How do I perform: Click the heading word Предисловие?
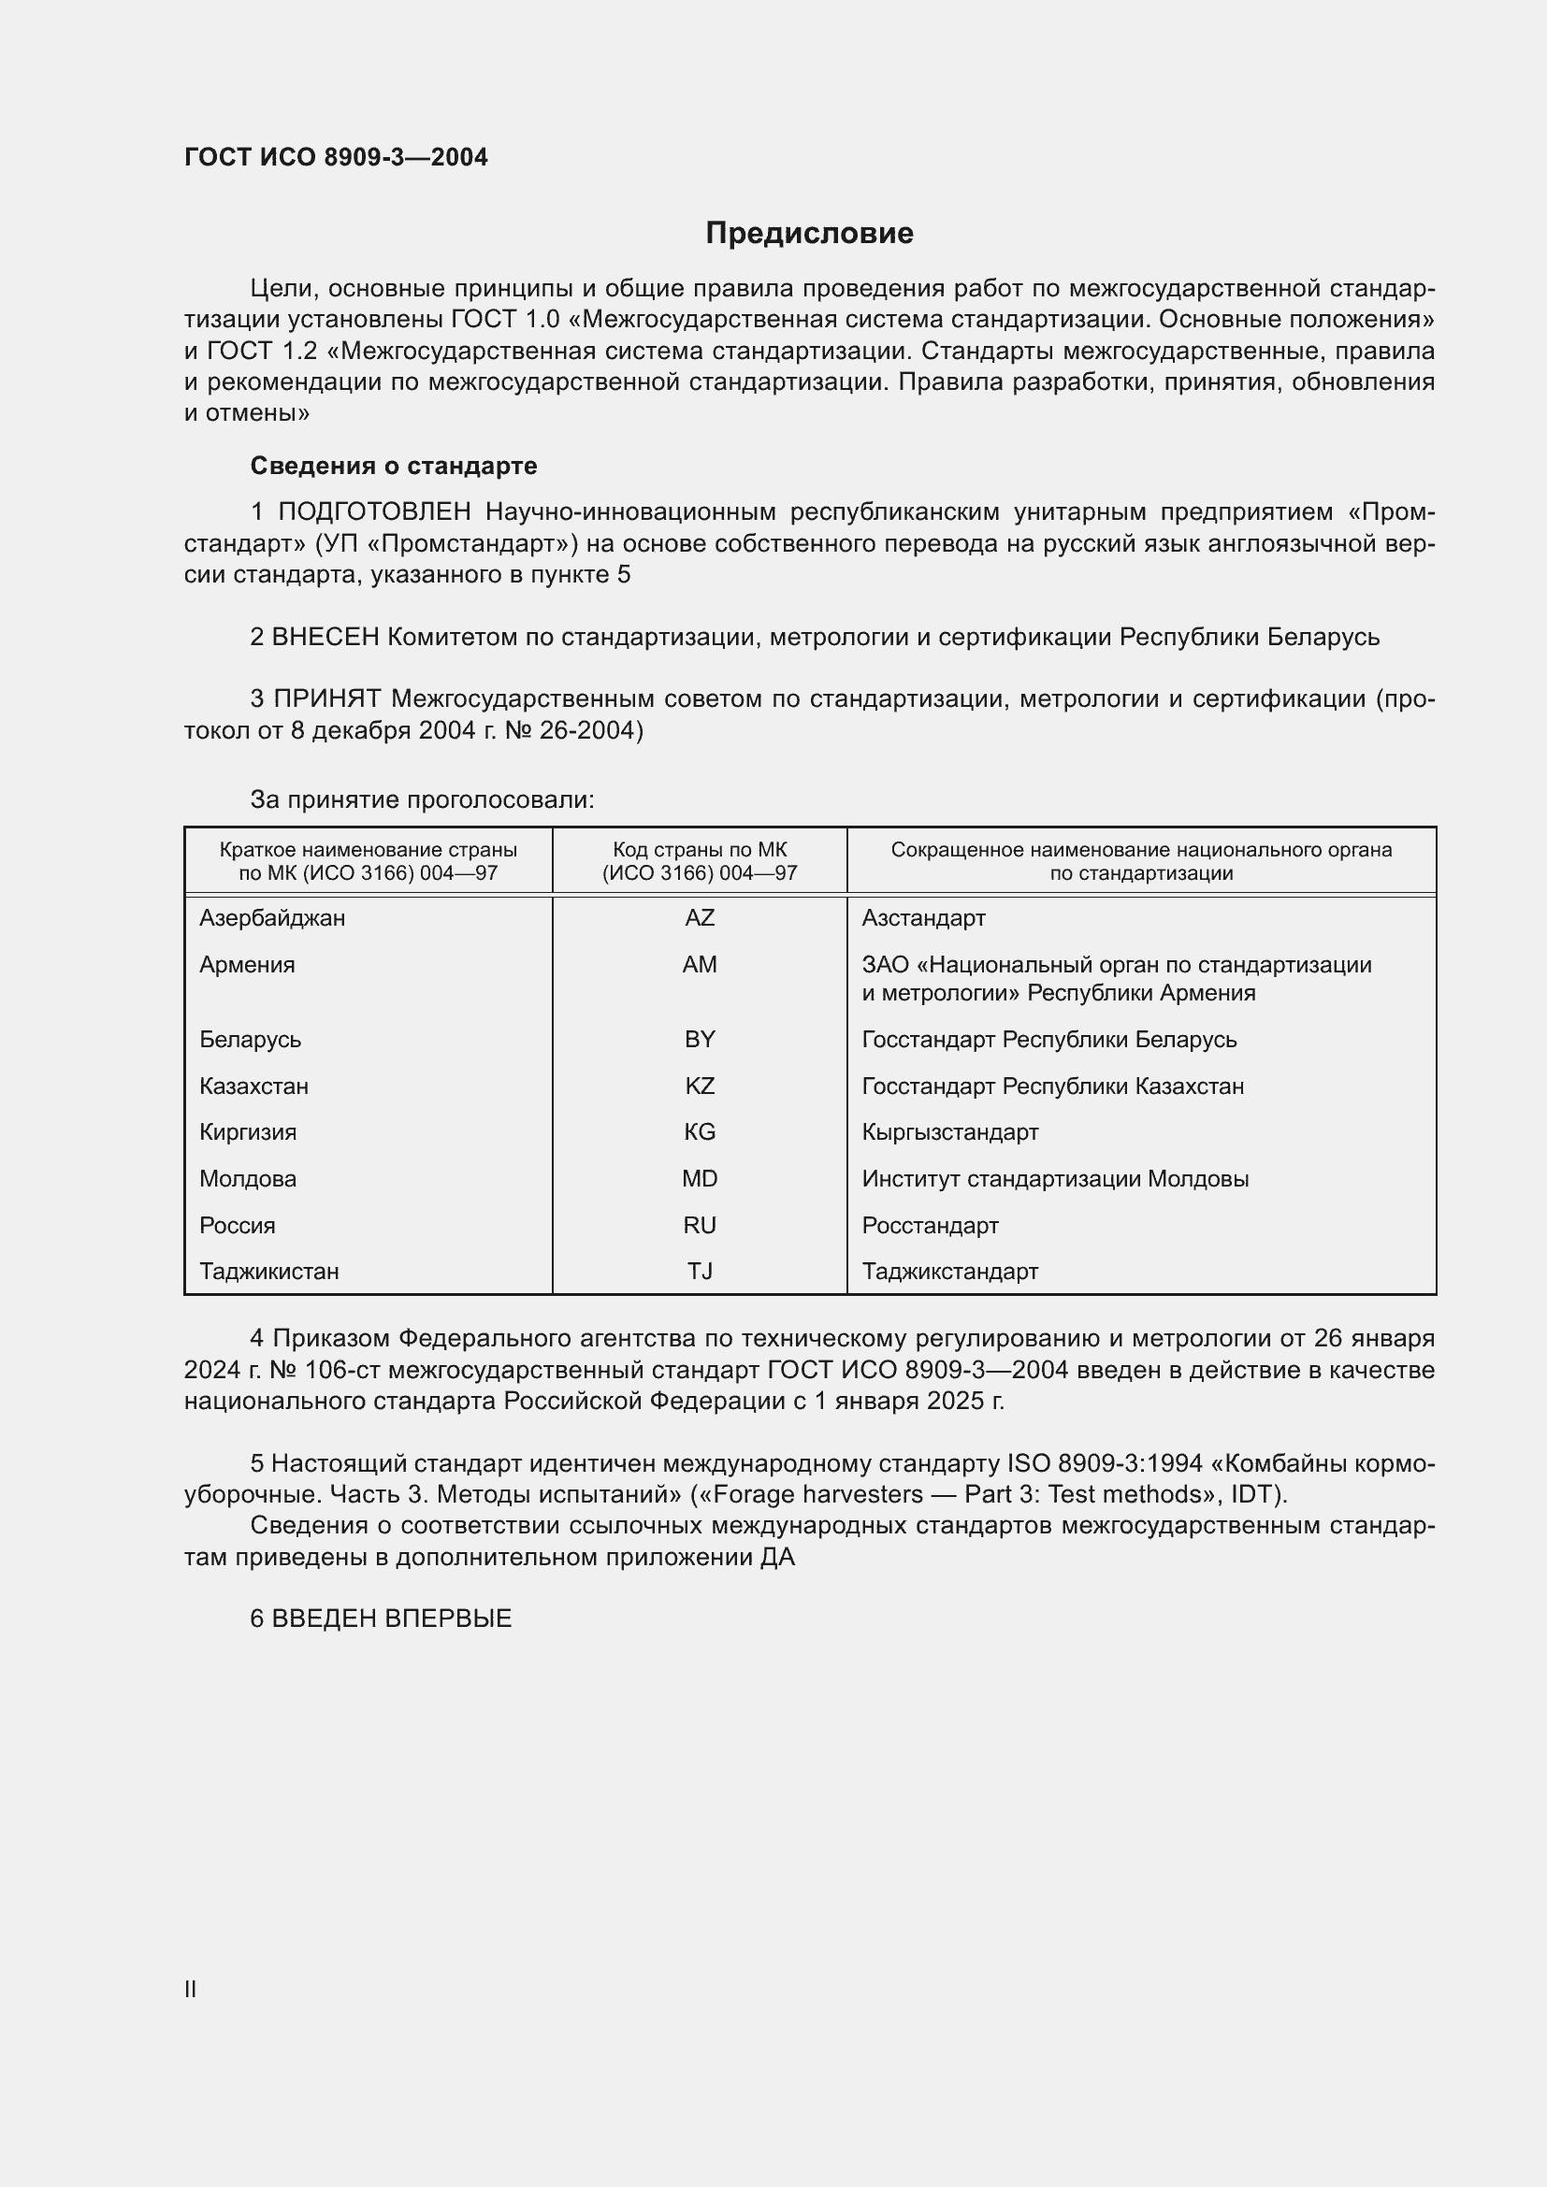coord(809,234)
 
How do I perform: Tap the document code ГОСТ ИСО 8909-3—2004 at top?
coord(336,157)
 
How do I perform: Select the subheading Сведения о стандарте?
coord(394,466)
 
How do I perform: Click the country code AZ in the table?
coord(700,918)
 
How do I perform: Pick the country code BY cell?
coord(700,1039)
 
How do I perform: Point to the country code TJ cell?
coord(700,1272)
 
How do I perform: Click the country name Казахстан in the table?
coord(253,1086)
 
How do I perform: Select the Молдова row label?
coord(248,1179)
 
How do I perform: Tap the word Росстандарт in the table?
coord(930,1226)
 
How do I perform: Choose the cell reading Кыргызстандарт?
coord(949,1132)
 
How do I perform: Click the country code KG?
coord(700,1132)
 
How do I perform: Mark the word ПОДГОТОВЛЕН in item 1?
coord(374,512)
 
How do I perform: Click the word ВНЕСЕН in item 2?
coord(325,638)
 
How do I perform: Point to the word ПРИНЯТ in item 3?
coord(326,699)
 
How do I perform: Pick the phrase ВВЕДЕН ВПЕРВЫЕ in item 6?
coord(392,1619)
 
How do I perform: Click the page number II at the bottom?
coord(191,1989)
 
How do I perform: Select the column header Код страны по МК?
coord(700,850)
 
